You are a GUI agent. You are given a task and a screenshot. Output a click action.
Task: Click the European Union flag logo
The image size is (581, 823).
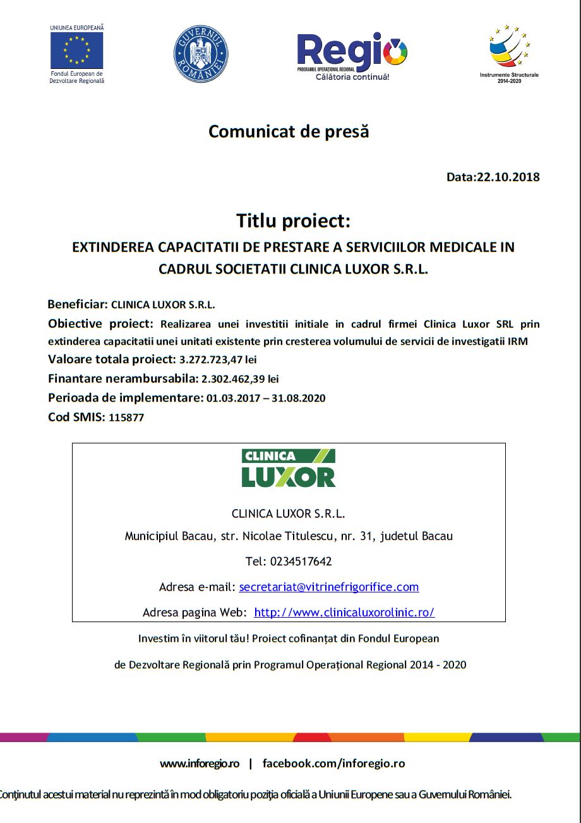pos(76,50)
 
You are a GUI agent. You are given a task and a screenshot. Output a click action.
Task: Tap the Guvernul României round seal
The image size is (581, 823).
pos(201,54)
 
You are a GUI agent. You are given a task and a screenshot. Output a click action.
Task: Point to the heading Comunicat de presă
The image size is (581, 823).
pos(289,131)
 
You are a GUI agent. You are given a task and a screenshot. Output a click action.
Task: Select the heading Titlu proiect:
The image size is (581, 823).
pos(293,221)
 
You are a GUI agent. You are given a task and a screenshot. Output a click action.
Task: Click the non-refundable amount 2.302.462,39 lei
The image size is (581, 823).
pos(240,379)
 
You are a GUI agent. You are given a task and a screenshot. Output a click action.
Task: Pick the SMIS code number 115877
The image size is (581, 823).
pos(126,418)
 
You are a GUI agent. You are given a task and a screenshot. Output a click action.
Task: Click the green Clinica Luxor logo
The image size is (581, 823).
pos(289,468)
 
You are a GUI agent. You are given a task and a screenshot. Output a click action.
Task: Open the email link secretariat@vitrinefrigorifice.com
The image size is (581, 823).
pos(329,587)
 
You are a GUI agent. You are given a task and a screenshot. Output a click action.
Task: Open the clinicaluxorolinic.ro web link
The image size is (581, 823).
pos(344,612)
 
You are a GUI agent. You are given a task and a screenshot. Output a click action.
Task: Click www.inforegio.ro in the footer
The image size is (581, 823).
pos(200,763)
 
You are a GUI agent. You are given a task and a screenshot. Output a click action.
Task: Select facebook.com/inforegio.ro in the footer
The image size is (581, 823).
pos(333,763)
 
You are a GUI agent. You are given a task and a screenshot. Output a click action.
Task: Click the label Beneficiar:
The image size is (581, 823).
pos(78,304)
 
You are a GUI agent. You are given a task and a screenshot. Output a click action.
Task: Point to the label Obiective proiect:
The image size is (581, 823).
pos(100,324)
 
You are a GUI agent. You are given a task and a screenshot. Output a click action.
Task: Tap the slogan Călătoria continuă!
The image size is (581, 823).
pos(352,77)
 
